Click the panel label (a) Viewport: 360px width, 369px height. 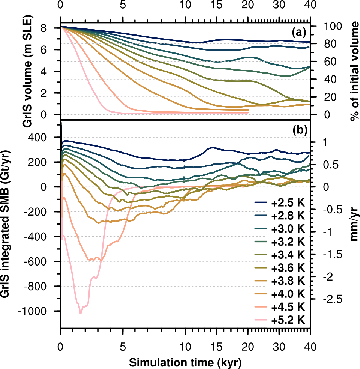[300, 33]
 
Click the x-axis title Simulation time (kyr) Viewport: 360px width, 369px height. [185, 362]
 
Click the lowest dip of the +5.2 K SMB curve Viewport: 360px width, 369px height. [81, 313]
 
